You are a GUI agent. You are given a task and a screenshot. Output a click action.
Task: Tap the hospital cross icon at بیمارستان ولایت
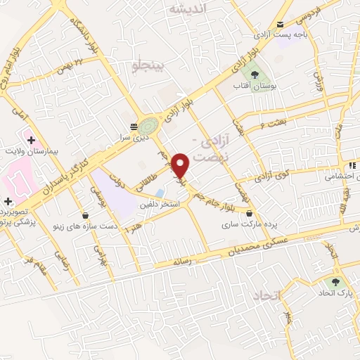pos(32,140)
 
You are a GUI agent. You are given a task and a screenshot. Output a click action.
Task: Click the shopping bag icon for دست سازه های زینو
pos(85,215)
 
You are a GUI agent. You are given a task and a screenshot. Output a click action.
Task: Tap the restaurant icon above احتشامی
pos(352,166)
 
